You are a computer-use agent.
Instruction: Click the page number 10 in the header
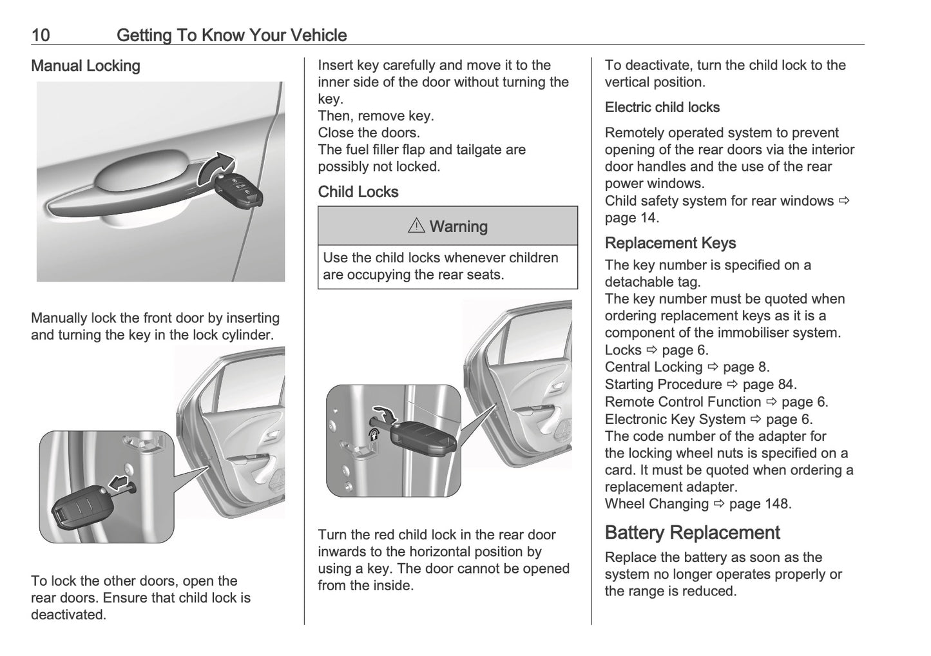(41, 35)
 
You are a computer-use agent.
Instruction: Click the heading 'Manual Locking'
(86, 66)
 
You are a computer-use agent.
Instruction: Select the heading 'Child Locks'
(358, 192)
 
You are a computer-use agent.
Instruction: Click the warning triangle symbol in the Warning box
(416, 226)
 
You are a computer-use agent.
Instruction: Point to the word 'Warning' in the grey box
(458, 227)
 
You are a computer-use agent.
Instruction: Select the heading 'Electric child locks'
(662, 108)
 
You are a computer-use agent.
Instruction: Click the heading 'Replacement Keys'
(670, 243)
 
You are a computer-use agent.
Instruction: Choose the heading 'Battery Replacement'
(692, 532)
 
